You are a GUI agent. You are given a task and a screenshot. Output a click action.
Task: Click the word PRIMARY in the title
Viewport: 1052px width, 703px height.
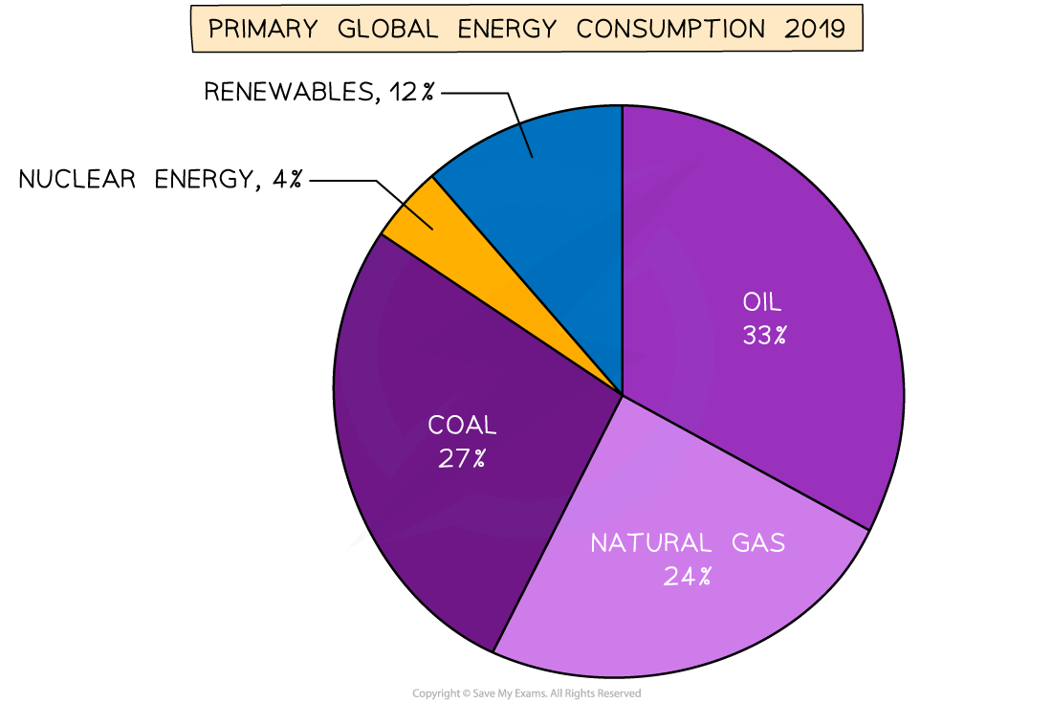(x=261, y=29)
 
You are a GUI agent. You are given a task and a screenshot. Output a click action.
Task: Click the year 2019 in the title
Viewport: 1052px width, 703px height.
(x=814, y=29)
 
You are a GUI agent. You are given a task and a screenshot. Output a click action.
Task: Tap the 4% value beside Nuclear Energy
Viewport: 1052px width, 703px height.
(x=287, y=179)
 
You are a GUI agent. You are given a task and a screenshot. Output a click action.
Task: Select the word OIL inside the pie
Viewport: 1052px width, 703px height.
(x=762, y=303)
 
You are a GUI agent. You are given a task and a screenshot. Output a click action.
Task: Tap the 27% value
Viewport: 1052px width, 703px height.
(x=462, y=458)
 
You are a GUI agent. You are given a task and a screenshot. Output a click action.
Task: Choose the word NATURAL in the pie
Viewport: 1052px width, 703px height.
(x=650, y=543)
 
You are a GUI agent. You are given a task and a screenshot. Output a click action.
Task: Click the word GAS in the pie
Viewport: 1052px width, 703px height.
(x=757, y=543)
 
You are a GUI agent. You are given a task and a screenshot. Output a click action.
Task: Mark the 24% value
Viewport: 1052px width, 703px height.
(x=689, y=576)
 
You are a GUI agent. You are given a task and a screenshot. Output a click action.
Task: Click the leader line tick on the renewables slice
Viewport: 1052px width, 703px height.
(x=526, y=142)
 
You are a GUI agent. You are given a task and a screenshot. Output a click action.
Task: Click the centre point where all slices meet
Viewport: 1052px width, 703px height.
(x=623, y=394)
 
